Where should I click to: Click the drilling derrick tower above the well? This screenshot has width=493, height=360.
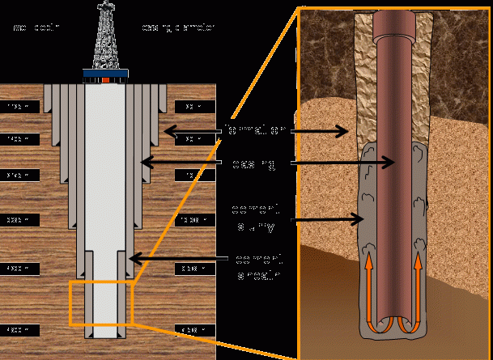point(105,36)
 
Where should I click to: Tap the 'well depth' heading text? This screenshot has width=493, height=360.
point(34,29)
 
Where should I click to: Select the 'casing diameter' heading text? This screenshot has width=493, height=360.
point(178,29)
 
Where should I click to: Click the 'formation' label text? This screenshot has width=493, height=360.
point(254,129)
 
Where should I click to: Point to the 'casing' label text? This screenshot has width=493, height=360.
point(254,164)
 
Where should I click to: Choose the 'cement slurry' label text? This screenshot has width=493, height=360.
point(253,218)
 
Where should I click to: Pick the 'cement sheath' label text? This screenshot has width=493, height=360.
point(258,267)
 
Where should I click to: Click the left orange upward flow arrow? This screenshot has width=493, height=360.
point(369,283)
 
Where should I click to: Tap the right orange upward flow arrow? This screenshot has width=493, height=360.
point(419,283)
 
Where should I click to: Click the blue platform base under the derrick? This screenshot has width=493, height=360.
point(105,75)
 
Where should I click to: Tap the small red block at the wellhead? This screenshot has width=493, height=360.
point(105,81)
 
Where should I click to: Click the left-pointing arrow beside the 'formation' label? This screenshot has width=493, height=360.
point(190,129)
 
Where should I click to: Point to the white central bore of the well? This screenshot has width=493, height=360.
point(105,202)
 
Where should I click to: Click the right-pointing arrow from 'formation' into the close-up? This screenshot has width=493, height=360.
point(320,129)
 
